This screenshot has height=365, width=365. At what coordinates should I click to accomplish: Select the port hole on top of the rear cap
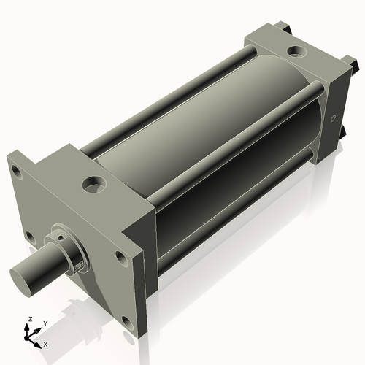tap(296, 52)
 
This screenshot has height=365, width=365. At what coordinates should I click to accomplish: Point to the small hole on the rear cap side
tap(334, 118)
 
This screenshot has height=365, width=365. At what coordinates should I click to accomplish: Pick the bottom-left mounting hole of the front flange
tap(29, 236)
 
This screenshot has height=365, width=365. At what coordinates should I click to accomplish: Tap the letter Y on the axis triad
tap(45, 323)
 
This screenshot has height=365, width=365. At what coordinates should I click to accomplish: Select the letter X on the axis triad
tap(45, 343)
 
